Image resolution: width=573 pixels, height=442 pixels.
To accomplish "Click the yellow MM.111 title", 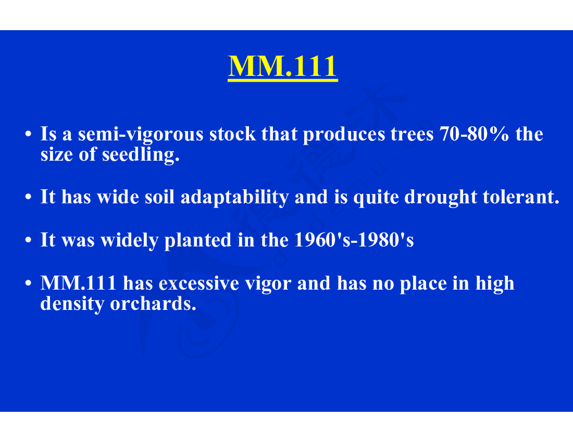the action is (282, 67).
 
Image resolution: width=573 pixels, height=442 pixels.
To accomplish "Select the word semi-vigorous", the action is (141, 134).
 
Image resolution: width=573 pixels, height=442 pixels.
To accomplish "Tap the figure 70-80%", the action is (475, 134).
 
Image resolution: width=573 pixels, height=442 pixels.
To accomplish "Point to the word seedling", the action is (141, 154).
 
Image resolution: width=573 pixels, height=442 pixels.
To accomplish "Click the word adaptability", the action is (234, 197).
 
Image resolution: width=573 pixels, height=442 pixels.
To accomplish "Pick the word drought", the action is (441, 197).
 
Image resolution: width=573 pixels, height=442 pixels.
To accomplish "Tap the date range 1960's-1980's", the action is (354, 240).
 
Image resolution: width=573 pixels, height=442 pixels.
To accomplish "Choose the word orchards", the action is (153, 303).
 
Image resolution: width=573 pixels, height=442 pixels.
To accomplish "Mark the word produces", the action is (344, 134).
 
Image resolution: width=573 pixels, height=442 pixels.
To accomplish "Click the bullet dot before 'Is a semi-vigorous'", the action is (28, 134).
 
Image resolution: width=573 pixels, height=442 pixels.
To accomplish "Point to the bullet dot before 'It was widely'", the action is (28, 240).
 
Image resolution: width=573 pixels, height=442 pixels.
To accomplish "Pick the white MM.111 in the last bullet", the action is (79, 283).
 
